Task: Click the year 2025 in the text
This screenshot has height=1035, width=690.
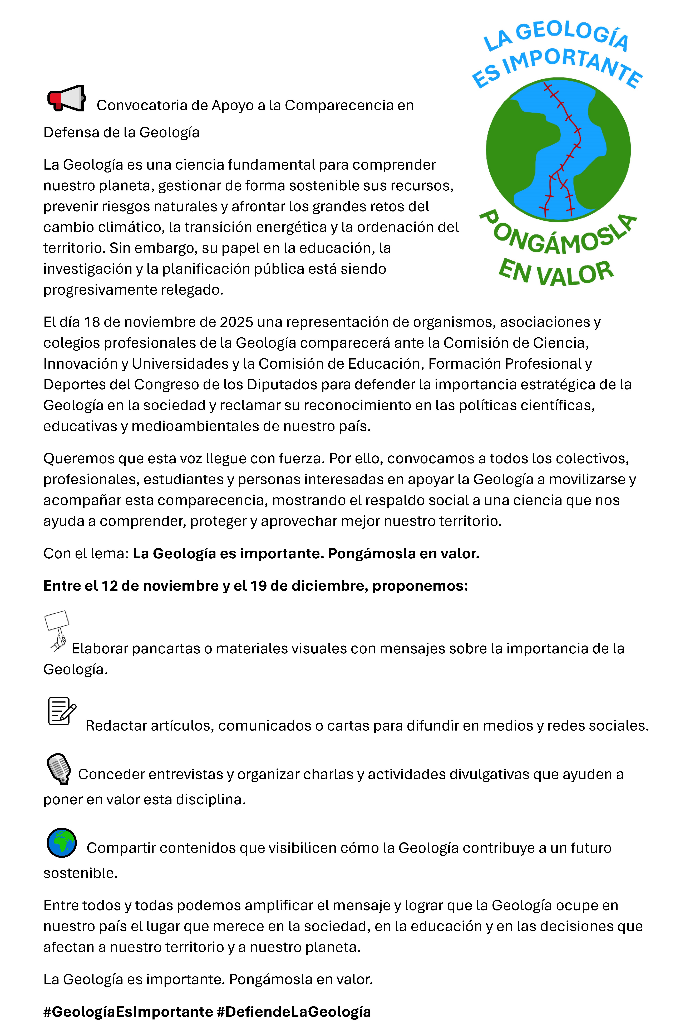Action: tap(236, 322)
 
